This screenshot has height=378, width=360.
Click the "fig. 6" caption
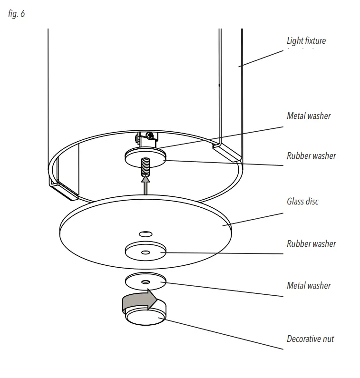[17, 14]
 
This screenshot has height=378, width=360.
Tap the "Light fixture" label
[306, 41]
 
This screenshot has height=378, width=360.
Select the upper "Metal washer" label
[309, 116]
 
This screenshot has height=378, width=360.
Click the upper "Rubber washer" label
[311, 155]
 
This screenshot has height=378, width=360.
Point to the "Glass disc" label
[302, 201]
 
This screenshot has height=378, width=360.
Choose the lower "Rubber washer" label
[311, 243]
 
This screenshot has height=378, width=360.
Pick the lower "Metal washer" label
[309, 285]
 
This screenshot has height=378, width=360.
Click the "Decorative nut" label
[310, 339]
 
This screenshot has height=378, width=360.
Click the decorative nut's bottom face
[146, 318]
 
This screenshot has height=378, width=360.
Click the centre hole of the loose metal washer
[146, 282]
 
